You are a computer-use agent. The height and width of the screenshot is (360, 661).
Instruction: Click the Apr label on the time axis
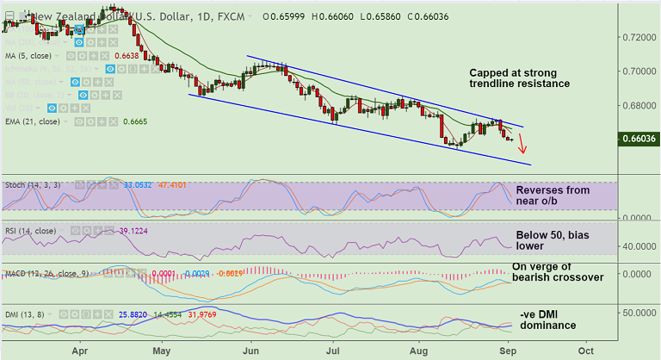pyautogui.click(x=80, y=351)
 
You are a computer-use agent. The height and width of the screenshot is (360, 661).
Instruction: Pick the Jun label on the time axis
pyautogui.click(x=251, y=351)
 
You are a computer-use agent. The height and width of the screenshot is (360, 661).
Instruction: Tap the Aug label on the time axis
pyautogui.click(x=420, y=351)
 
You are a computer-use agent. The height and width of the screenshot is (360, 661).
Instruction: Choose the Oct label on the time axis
pyautogui.click(x=587, y=351)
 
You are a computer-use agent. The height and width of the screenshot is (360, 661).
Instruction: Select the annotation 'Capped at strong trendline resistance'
pyautogui.click(x=519, y=78)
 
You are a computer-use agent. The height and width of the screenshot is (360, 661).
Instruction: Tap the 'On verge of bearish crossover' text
pyautogui.click(x=558, y=272)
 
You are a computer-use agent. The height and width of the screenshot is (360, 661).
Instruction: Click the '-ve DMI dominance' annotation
pyautogui.click(x=548, y=320)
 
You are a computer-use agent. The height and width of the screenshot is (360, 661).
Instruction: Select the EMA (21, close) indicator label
pyautogui.click(x=32, y=121)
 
